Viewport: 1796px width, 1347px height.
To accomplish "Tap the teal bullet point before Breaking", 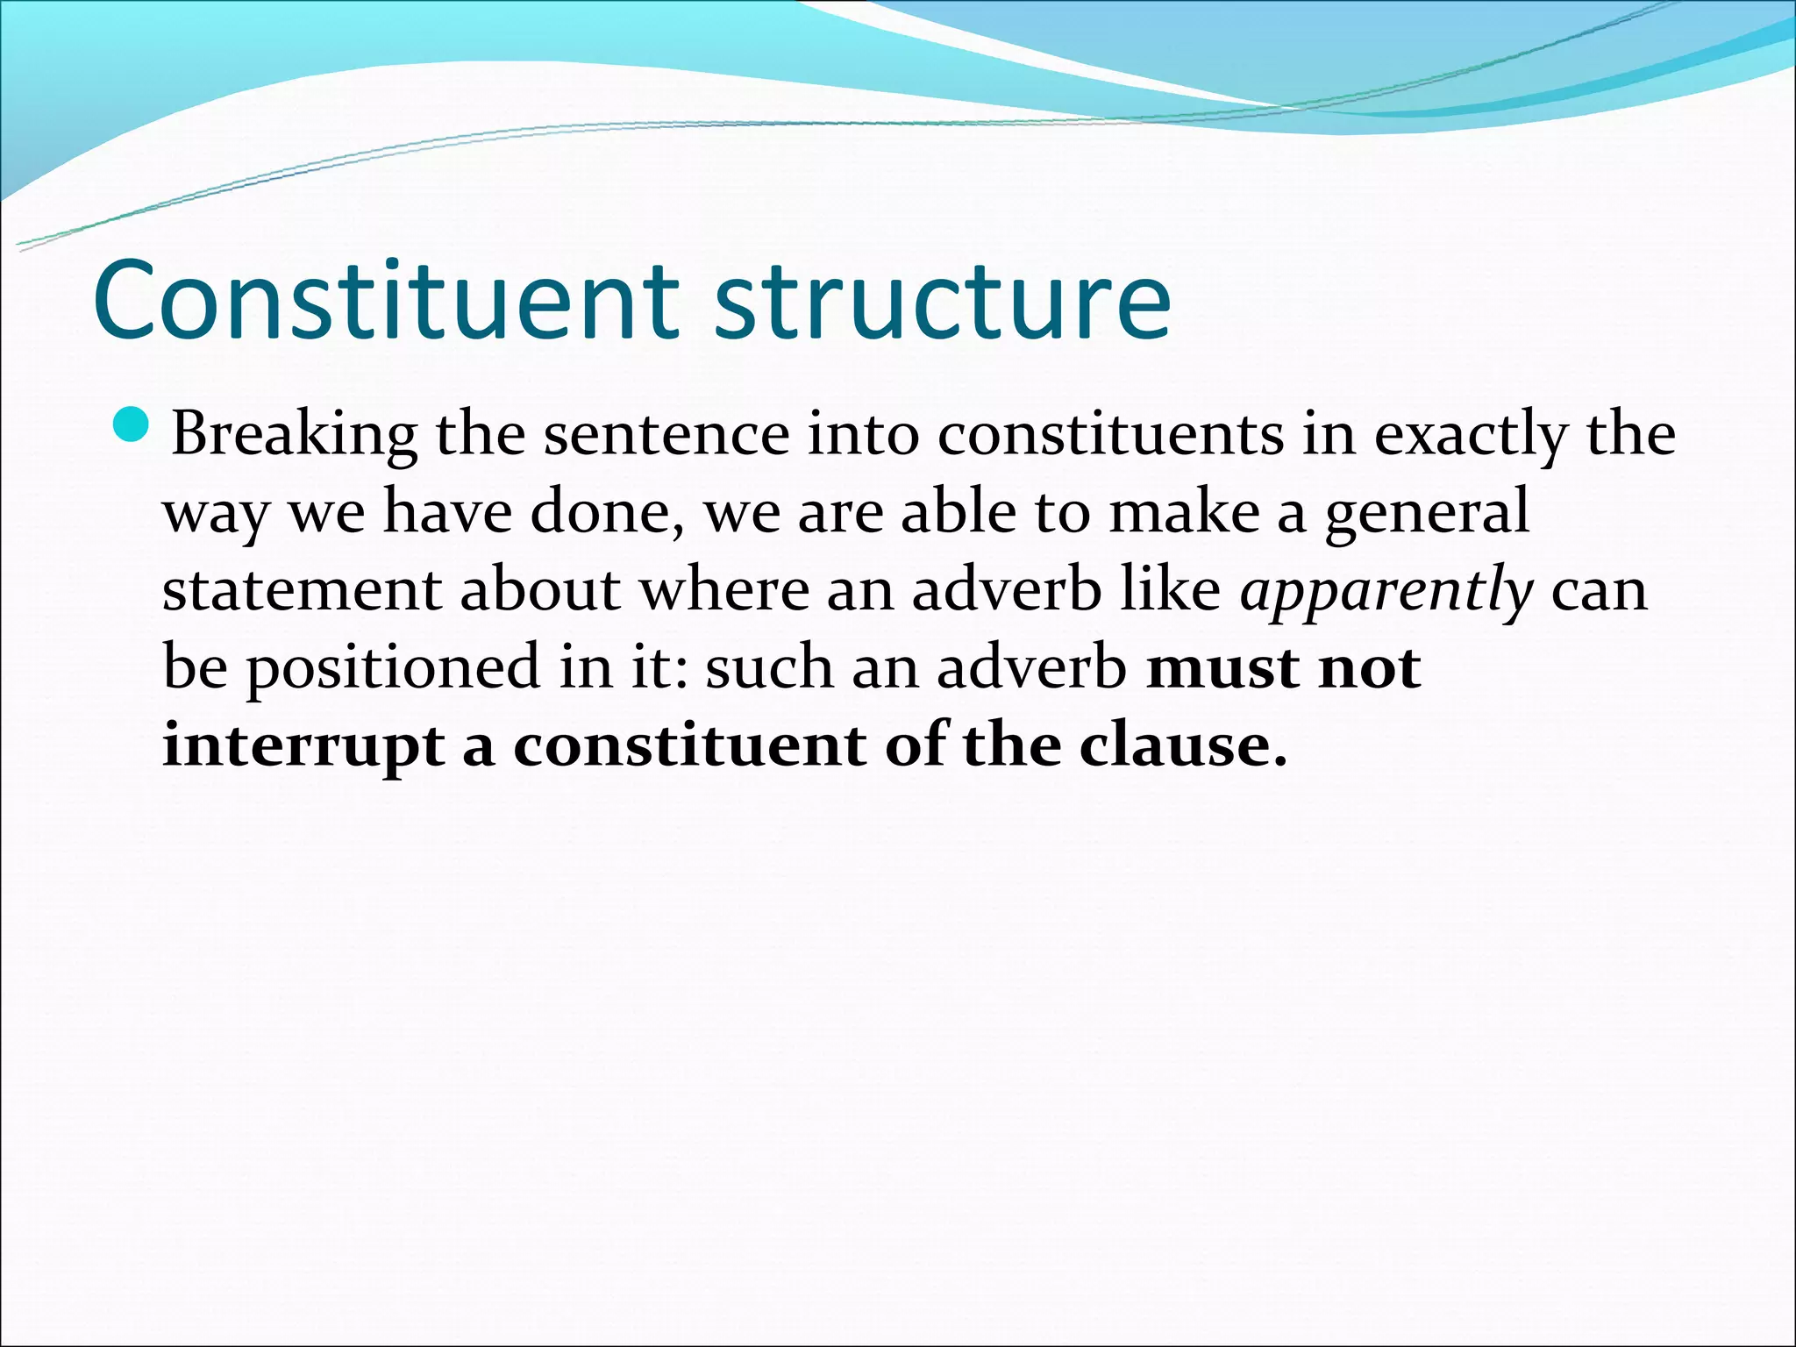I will (x=132, y=424).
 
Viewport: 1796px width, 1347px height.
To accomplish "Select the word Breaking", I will (x=294, y=435).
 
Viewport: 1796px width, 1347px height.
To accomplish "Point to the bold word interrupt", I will (x=303, y=747).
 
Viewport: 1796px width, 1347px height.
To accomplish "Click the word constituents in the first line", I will (x=1110, y=435).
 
